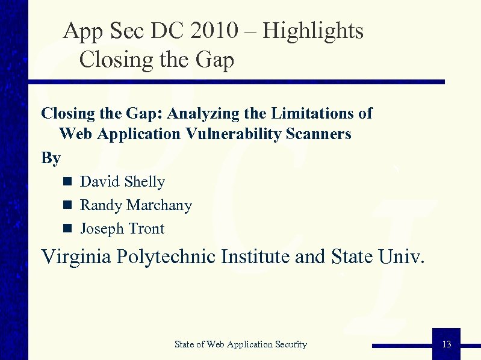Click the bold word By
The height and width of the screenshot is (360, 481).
51,158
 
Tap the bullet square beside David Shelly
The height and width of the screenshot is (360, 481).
67,182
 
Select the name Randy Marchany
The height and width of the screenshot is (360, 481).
136,205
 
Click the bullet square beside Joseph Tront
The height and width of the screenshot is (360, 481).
67,229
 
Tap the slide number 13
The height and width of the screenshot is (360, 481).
446,344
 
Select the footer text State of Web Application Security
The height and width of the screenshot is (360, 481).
241,344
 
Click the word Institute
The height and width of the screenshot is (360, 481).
255,257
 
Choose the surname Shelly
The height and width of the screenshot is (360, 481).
144,182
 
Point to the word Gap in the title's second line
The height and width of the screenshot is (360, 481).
215,60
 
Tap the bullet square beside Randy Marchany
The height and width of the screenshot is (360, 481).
67,205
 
